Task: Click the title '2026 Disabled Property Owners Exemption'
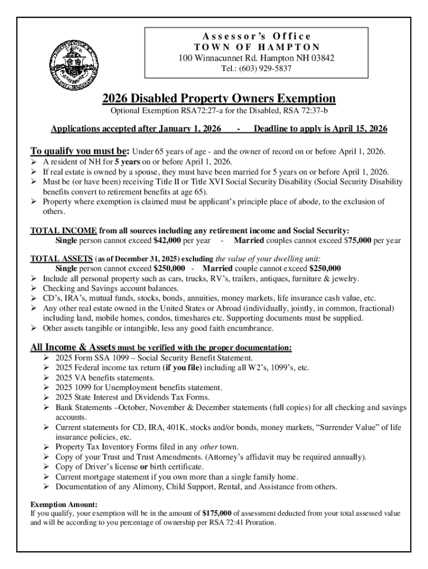tap(219, 99)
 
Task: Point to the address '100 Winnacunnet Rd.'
tap(215, 58)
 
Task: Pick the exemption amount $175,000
tap(221, 513)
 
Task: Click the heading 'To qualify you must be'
tap(80, 151)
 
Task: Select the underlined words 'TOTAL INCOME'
tap(64, 231)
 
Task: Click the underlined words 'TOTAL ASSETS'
tap(61, 258)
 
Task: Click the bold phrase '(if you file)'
tap(184, 368)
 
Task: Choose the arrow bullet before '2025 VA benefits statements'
tap(47, 378)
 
